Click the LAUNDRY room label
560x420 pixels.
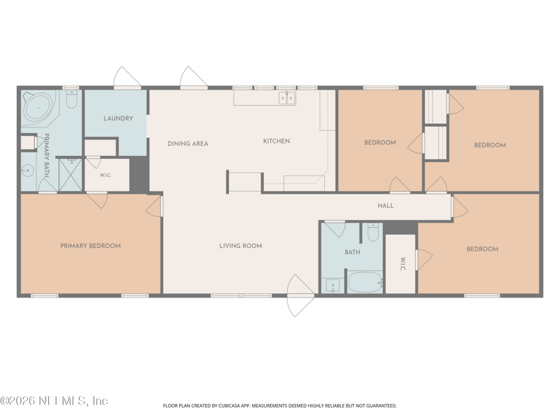point(118,118)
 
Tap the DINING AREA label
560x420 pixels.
point(188,143)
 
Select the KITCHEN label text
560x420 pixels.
point(276,141)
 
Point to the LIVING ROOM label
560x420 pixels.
point(241,246)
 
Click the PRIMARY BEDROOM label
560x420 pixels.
point(90,246)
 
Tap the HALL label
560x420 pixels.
point(386,205)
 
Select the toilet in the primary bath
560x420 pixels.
point(72,99)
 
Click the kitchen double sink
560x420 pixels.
point(287,98)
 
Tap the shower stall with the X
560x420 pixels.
point(71,174)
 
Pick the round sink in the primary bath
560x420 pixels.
point(27,171)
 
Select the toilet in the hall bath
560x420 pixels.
point(373,232)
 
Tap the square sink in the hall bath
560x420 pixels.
point(333,286)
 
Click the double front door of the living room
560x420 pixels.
point(301,295)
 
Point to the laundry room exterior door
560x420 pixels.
point(127,77)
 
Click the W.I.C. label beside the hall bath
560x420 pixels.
point(402,264)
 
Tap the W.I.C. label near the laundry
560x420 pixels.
point(106,176)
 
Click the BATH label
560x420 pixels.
point(352,252)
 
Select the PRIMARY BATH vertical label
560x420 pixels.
point(46,155)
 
